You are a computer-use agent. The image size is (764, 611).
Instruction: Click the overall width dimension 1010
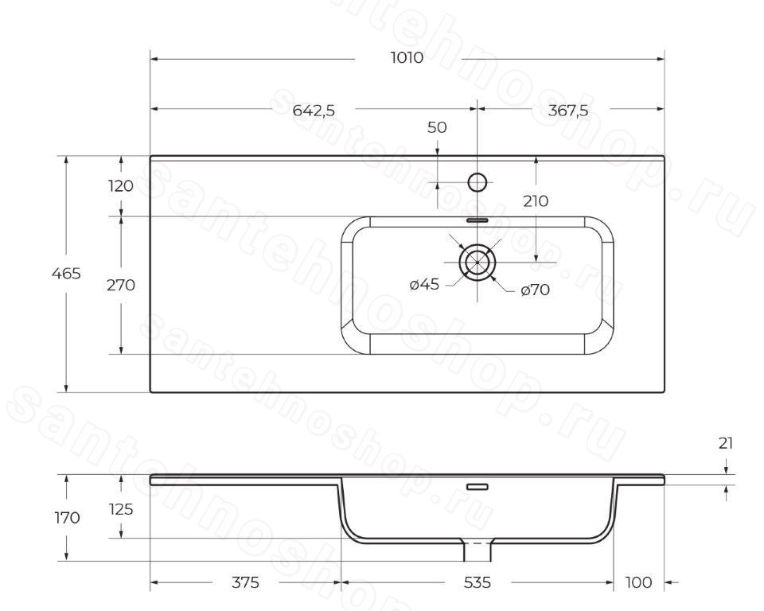pos(407,58)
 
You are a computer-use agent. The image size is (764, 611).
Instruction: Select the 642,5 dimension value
pos(314,111)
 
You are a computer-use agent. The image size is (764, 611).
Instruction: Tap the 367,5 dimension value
pos(568,111)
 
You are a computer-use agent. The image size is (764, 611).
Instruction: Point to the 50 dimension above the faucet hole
pos(437,127)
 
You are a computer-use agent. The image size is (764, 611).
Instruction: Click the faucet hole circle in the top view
pos(477,182)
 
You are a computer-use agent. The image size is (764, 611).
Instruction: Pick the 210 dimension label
pos(536,200)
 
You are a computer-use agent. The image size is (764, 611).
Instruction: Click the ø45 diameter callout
pos(424,284)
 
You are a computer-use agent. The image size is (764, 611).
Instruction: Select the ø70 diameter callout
pos(535,290)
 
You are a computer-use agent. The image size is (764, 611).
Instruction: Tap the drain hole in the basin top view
pos(477,262)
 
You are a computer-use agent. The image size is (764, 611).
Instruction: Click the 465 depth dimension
pos(66,274)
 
